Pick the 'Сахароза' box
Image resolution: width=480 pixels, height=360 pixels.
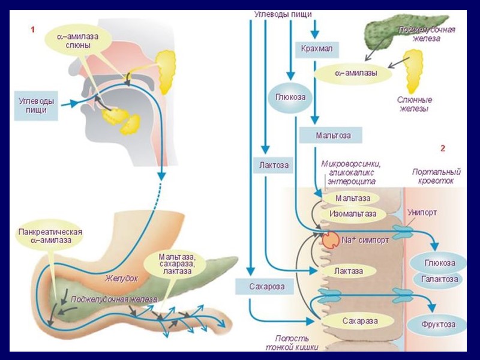pyautogui.click(x=266, y=286)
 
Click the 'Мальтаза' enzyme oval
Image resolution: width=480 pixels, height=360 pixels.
pyautogui.click(x=352, y=198)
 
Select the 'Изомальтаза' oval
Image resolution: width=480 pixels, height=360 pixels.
pyautogui.click(x=353, y=213)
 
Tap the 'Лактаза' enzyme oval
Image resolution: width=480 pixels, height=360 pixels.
pyautogui.click(x=349, y=271)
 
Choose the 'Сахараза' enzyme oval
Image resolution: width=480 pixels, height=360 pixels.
pyautogui.click(x=359, y=321)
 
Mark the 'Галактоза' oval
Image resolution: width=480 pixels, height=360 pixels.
pyautogui.click(x=440, y=279)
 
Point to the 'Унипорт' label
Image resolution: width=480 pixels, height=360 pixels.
pyautogui.click(x=422, y=213)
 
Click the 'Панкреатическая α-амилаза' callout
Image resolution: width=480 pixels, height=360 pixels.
pyautogui.click(x=50, y=236)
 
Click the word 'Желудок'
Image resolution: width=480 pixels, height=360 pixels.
pyautogui.click(x=122, y=278)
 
